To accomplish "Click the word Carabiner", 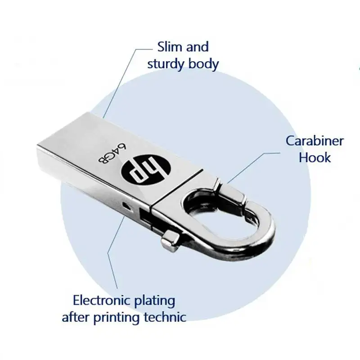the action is [x=315, y=141].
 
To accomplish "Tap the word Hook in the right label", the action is [x=315, y=157].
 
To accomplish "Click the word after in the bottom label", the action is [x=73, y=317].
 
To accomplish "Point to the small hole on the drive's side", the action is [x=130, y=205].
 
